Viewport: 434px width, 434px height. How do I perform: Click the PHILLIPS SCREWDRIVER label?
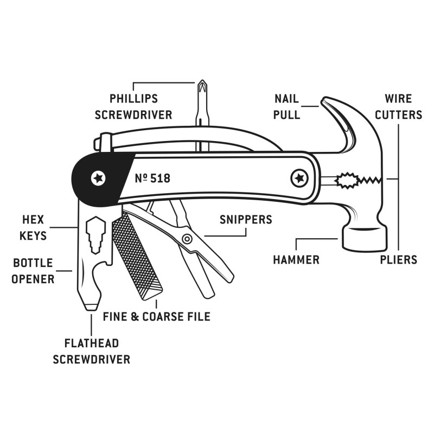pos(133,107)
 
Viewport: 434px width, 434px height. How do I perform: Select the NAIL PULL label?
pos(288,107)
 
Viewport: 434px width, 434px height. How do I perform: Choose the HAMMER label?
pos(296,259)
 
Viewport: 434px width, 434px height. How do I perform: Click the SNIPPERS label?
pos(246,220)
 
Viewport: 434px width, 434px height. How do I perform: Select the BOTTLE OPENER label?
pos(34,271)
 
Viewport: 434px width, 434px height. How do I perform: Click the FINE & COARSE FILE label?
pos(156,316)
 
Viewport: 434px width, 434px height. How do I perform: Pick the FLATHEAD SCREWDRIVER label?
pos(92,351)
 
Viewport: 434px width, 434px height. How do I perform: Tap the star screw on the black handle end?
pos(98,177)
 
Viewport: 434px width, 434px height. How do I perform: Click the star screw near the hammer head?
pos(298,177)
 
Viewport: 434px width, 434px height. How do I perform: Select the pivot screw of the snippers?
pos(187,239)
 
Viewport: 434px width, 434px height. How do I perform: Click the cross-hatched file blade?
pos(136,255)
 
